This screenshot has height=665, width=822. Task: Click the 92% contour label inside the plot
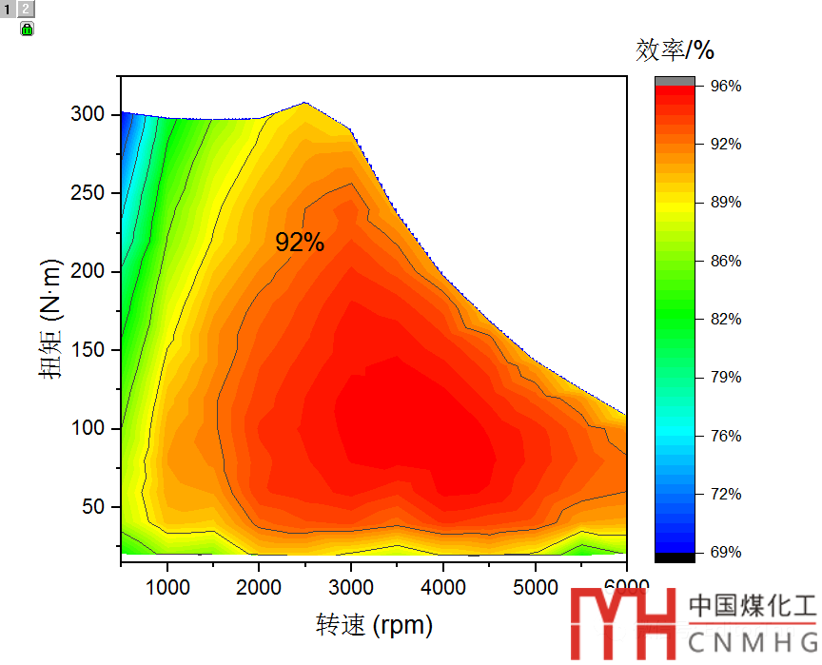(x=300, y=243)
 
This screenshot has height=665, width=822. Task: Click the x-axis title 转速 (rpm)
(x=374, y=625)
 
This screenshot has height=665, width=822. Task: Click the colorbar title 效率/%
(x=675, y=49)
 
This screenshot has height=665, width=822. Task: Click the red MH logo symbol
(x=622, y=623)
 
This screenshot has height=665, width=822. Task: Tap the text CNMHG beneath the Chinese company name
(x=752, y=639)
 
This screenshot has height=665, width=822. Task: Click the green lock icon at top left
(x=27, y=29)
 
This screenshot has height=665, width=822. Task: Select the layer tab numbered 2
(x=26, y=9)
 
